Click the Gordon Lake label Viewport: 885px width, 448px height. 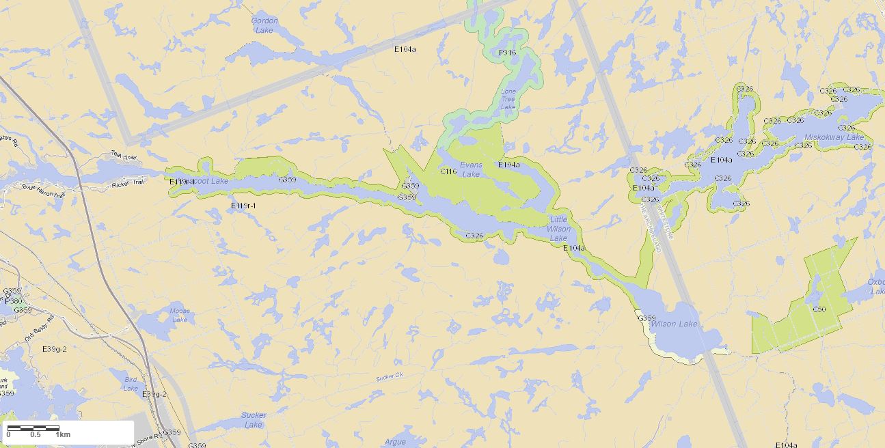(264, 25)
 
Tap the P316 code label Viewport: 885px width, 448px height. (507, 53)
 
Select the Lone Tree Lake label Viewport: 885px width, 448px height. (508, 99)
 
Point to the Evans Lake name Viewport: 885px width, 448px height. (471, 169)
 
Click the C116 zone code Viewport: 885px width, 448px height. (448, 171)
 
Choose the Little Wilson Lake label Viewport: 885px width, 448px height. (558, 229)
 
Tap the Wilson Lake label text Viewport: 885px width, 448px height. (674, 324)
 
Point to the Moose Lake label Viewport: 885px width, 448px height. (180, 316)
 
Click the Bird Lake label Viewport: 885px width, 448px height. (131, 384)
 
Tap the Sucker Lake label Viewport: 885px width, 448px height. (254, 419)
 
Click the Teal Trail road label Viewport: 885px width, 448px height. (124, 157)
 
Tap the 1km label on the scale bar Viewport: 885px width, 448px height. (64, 434)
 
